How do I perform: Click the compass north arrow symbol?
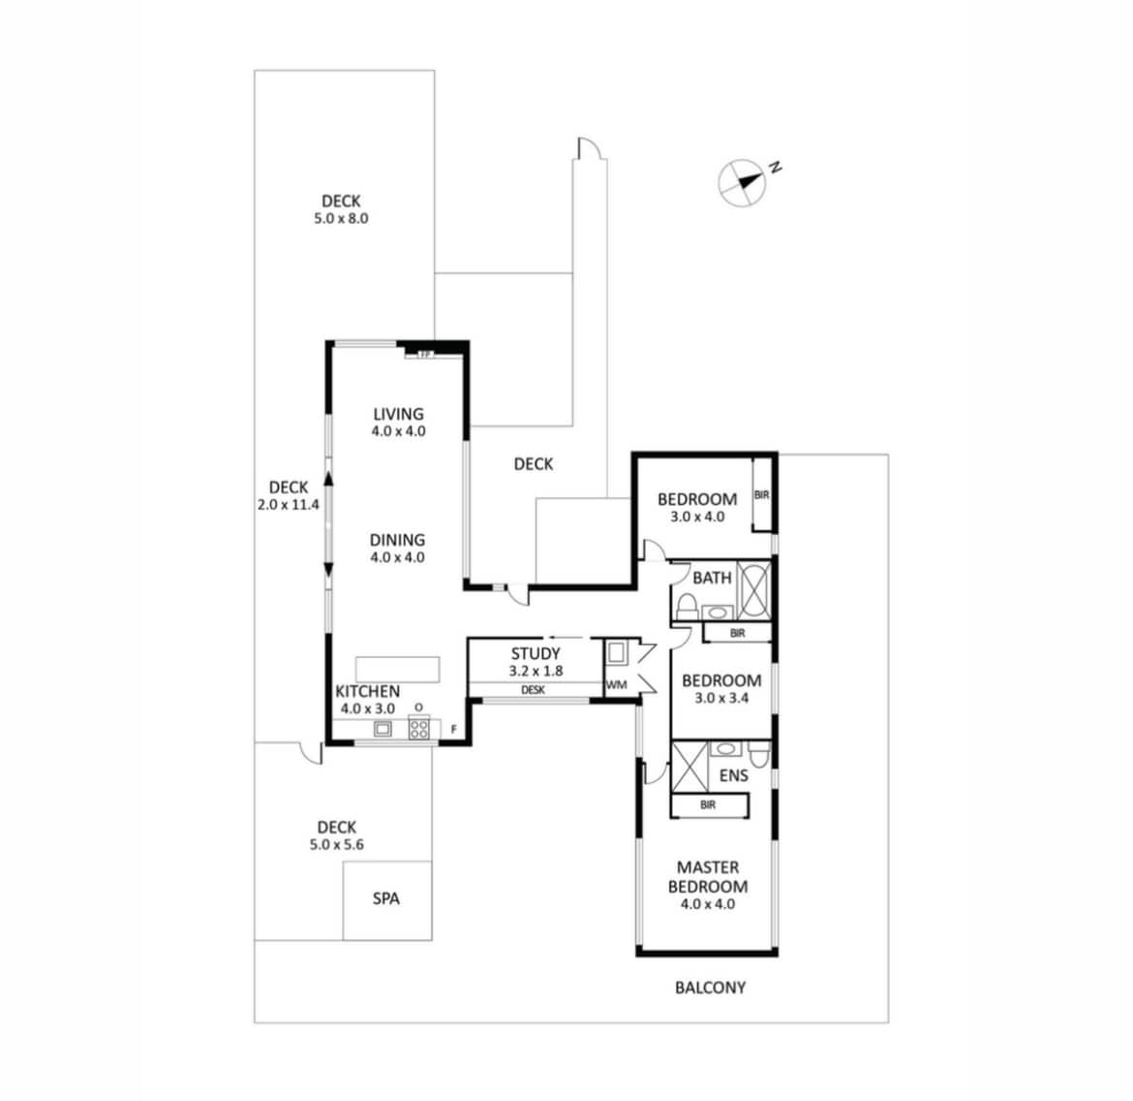743,182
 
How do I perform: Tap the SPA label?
385,898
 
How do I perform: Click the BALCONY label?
710,988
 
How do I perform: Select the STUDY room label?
536,653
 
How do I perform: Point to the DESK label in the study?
533,690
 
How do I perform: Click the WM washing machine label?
616,684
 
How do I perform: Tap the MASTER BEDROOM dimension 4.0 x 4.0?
708,904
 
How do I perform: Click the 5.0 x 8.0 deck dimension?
341,218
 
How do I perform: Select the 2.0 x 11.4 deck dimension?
289,505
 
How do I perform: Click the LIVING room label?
398,414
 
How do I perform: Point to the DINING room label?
397,540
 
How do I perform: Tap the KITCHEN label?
367,691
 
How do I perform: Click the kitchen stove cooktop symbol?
419,727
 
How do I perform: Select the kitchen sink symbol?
383,729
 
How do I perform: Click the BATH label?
712,578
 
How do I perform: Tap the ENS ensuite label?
733,775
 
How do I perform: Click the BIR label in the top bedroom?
761,495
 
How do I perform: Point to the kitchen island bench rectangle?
397,669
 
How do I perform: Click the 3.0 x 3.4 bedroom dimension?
721,698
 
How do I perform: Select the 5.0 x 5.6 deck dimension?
337,845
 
